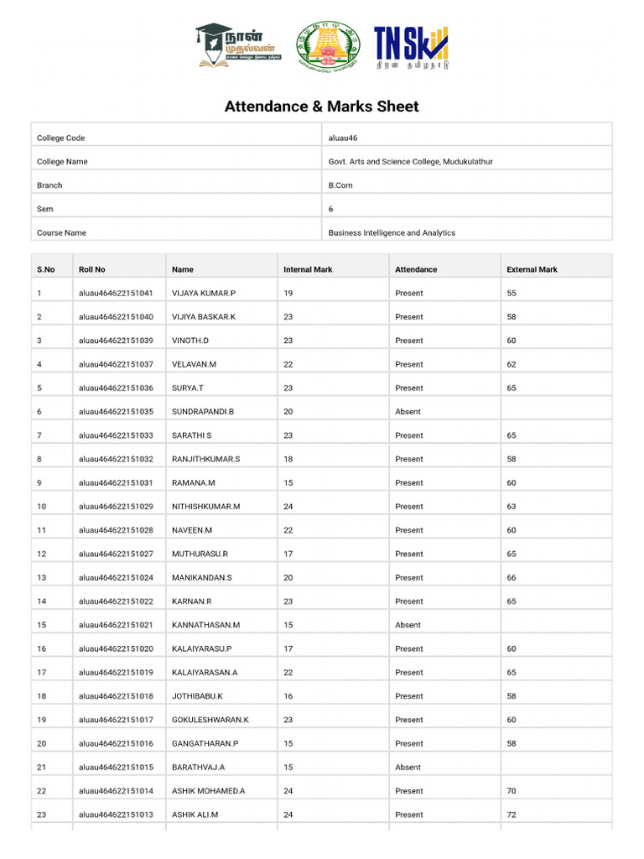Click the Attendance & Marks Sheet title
(x=321, y=107)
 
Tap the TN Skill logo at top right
(x=411, y=47)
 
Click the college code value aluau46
(x=343, y=138)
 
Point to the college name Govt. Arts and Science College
(x=410, y=161)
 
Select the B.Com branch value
(x=340, y=185)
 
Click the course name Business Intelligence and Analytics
(x=392, y=232)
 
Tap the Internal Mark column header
(x=308, y=269)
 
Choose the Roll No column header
(x=92, y=269)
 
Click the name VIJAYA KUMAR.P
(x=204, y=293)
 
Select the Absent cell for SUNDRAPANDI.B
(x=408, y=411)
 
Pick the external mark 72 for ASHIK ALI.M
(x=512, y=815)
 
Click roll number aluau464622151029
(x=116, y=506)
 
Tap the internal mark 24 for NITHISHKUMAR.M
(x=288, y=506)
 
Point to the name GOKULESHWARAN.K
(x=210, y=720)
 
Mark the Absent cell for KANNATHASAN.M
(x=408, y=625)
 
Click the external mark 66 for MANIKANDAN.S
(x=512, y=577)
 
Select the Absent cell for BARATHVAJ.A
(x=408, y=767)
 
